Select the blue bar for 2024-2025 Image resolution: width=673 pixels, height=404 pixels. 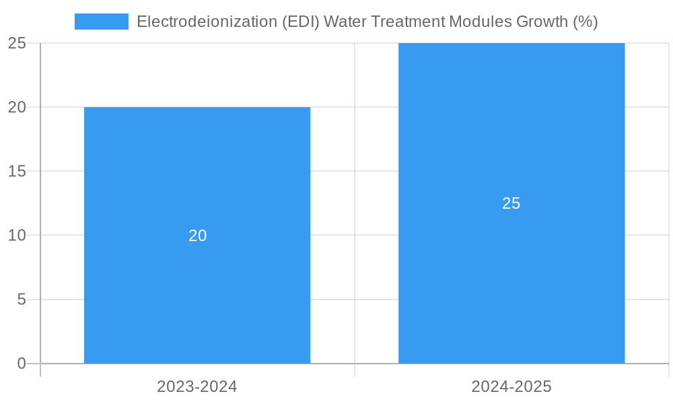click(511, 283)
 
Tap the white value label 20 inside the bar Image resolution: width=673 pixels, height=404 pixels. click(197, 236)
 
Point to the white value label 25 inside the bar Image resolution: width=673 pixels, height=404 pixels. click(511, 203)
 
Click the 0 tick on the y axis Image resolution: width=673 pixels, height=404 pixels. click(21, 364)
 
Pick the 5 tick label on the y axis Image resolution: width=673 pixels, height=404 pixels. click(21, 300)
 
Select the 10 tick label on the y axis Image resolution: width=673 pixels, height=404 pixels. click(17, 236)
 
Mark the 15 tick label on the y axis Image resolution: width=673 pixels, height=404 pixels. click(17, 171)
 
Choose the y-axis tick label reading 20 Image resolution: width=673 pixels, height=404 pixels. click(17, 107)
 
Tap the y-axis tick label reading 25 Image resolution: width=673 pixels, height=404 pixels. click(17, 43)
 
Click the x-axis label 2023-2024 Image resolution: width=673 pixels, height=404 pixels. click(197, 386)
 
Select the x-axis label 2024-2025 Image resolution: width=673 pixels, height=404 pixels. click(511, 386)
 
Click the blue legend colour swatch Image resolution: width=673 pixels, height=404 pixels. click(101, 22)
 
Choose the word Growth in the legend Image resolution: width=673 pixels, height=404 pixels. click(542, 22)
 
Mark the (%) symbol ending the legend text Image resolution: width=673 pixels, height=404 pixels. click(585, 22)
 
